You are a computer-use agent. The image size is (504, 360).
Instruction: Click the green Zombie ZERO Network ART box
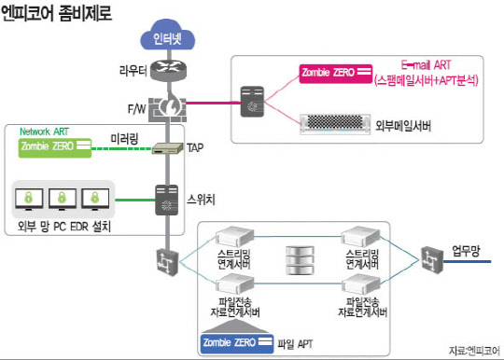tap(53, 146)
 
